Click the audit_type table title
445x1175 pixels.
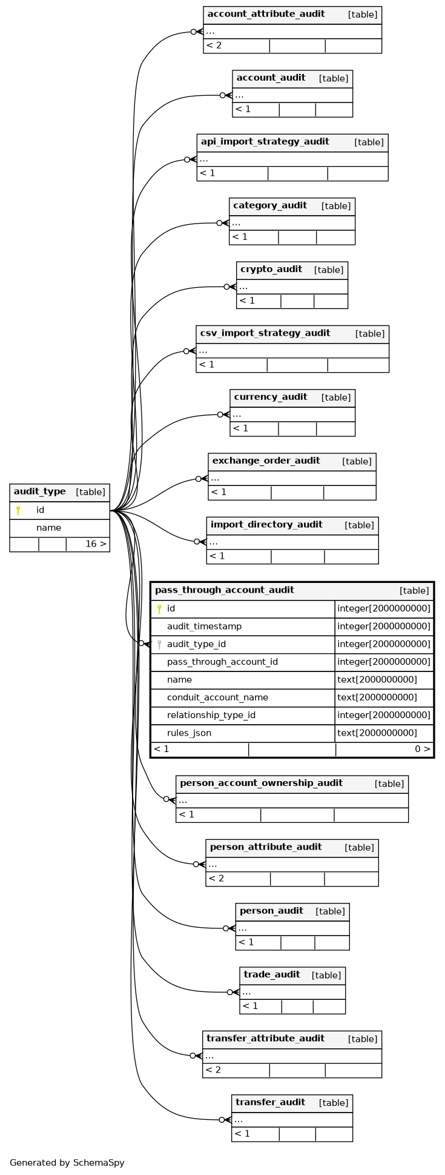tap(39, 491)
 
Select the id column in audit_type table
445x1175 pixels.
tap(40, 510)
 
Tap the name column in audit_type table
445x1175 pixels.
tap(48, 528)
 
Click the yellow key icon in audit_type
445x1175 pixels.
tap(18, 510)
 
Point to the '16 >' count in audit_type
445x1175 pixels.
tap(96, 544)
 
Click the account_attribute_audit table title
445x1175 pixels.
tap(266, 14)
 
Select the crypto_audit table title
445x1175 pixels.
tap(271, 269)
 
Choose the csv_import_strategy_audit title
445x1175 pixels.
tap(265, 333)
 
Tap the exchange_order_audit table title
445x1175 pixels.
tap(266, 461)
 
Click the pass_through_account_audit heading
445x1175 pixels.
tap(225, 590)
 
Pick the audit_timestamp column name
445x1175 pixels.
tap(204, 626)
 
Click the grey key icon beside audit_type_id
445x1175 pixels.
tap(159, 644)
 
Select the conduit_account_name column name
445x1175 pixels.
tap(217, 697)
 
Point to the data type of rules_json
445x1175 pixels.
tap(377, 733)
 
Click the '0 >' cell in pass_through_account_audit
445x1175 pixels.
tap(423, 749)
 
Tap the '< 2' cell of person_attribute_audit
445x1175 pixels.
tap(216, 879)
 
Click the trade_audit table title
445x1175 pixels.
tap(272, 974)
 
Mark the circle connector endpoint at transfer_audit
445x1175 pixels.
tap(222, 1120)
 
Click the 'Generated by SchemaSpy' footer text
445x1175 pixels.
tap(67, 1163)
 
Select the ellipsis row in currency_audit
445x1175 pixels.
tap(237, 415)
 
